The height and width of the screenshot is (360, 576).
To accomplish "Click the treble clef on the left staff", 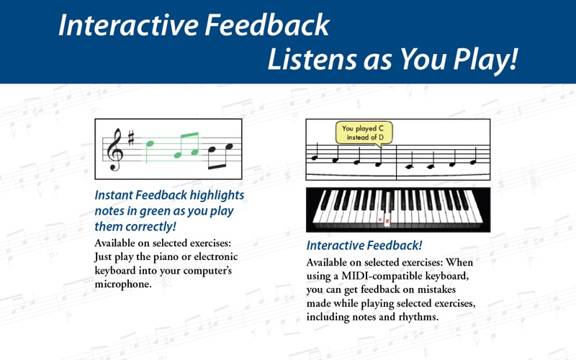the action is (114, 150).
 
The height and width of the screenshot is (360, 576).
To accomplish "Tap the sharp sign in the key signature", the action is (131, 138).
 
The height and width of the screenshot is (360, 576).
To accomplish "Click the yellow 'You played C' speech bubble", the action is (364, 133).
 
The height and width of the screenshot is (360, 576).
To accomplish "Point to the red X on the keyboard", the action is (380, 220).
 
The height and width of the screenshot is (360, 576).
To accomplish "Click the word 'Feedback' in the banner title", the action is (267, 25).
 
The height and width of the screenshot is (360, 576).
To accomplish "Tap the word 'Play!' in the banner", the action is (485, 59).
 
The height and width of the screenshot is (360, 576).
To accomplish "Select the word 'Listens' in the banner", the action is (312, 59).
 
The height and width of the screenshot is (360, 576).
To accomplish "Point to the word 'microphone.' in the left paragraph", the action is (123, 284).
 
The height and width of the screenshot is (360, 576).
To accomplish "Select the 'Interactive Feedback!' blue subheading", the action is (364, 246).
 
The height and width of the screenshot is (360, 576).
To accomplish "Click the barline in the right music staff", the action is (397, 163).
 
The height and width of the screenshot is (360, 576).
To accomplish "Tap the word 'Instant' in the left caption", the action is (114, 195).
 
